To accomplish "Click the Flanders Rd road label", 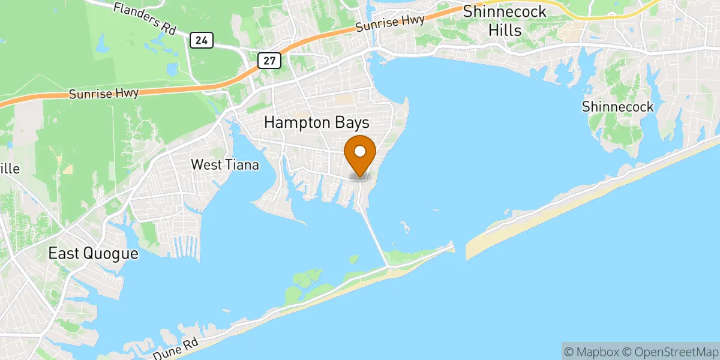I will (142, 17).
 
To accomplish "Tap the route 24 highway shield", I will (202, 40).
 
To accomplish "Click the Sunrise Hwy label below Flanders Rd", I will (103, 94).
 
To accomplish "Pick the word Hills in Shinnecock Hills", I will (505, 30).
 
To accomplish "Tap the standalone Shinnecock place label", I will (617, 107).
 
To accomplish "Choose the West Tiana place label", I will (225, 164).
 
